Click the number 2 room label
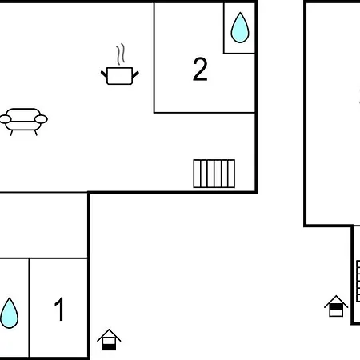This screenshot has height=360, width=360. (200, 69)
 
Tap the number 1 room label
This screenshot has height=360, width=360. (59, 309)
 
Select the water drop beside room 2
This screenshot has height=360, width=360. (240, 27)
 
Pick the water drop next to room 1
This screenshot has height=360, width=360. (9, 313)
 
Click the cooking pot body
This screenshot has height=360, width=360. (119, 76)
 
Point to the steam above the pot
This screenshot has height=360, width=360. (121, 54)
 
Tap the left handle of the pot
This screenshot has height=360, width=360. (104, 74)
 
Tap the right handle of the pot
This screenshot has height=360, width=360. (135, 74)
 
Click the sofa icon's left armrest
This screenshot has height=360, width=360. (5, 119)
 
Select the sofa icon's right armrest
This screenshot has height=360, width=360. (41, 119)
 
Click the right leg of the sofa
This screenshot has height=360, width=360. (36, 133)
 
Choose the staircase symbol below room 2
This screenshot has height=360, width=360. (214, 174)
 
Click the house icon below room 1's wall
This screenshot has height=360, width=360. (109, 340)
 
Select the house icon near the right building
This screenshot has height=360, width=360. (336, 306)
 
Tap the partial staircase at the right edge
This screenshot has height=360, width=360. (358, 281)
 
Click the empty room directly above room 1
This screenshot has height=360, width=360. (43, 226)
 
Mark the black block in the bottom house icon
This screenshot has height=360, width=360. (109, 347)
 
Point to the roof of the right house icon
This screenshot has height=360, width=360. (336, 302)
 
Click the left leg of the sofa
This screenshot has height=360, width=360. (11, 133)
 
